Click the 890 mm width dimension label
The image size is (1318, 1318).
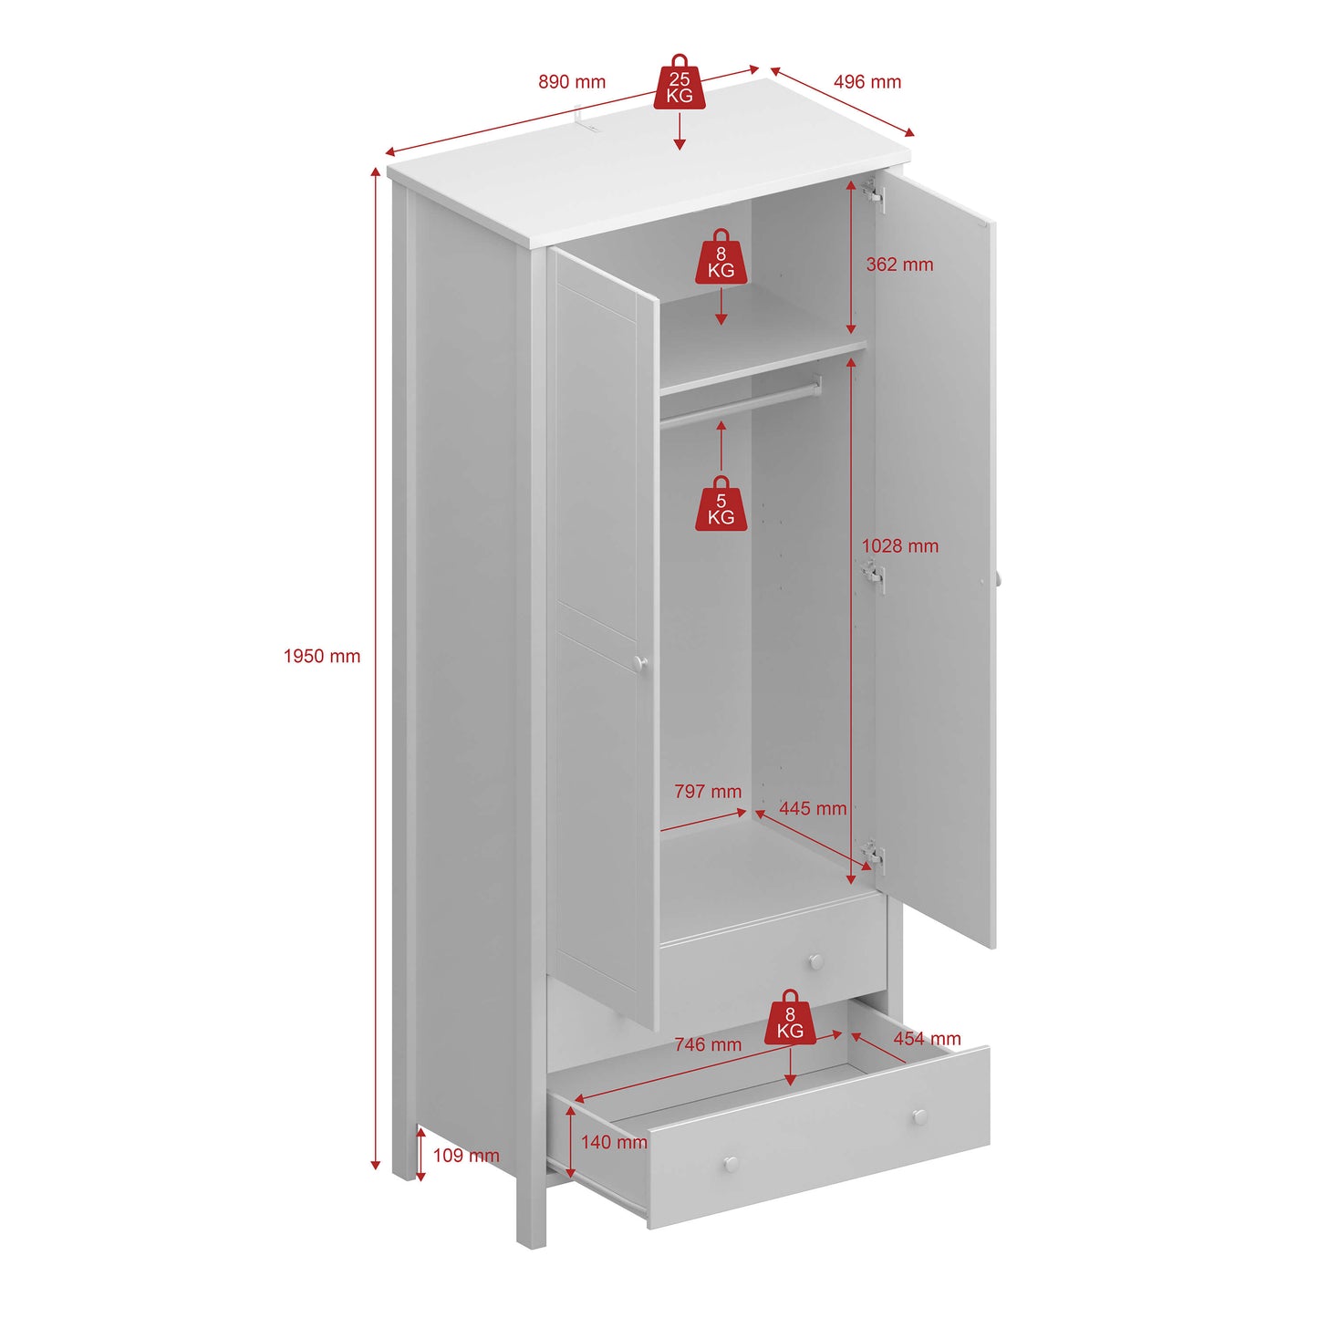[x=572, y=82]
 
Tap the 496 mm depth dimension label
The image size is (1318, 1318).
[x=867, y=82]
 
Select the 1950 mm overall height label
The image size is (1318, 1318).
[x=322, y=656]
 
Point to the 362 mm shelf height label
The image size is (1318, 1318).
[x=899, y=265]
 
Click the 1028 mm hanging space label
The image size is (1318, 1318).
[x=899, y=545]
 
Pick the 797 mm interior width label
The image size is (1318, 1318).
[x=708, y=792]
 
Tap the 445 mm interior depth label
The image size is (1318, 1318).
[x=813, y=808]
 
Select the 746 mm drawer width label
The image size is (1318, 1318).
[x=708, y=1044]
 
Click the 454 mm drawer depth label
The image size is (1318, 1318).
[x=927, y=1039]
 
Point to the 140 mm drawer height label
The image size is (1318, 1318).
[x=614, y=1142]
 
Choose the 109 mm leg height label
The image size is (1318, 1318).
[x=466, y=1156]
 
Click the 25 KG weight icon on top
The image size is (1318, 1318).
[x=680, y=84]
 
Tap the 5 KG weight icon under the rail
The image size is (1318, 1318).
[x=721, y=505]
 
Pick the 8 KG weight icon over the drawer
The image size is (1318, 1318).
[x=790, y=1019]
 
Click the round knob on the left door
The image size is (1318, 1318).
[x=641, y=663]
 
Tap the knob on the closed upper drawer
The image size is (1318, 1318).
[x=816, y=961]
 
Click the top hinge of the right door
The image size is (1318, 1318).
[x=874, y=193]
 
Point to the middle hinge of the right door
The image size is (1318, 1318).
[x=874, y=575]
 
